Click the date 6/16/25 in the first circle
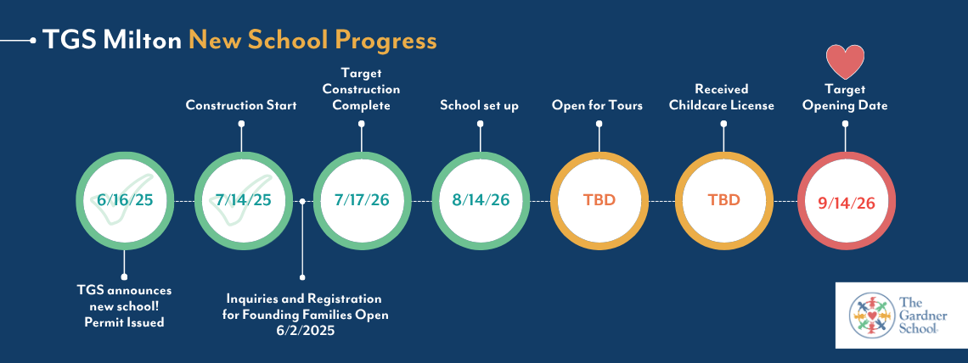point(124,200)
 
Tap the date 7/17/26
point(363,200)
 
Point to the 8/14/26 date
point(481,200)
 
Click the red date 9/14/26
point(847,202)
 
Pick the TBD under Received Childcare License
point(723,200)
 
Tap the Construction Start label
point(241,105)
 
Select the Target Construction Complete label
point(362,89)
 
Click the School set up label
point(480,105)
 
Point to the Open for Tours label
point(597,105)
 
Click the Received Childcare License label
point(722,98)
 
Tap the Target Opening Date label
point(845,98)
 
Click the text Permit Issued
point(124,321)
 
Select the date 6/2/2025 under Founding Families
point(302,331)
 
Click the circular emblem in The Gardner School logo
point(872,315)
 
